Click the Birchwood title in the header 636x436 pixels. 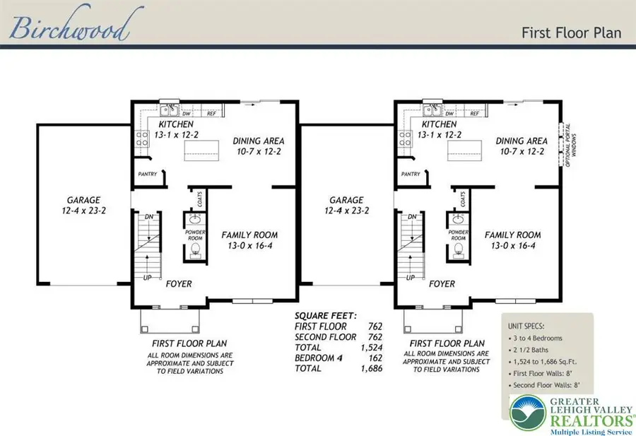(x=69, y=28)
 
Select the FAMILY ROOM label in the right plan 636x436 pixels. (x=512, y=235)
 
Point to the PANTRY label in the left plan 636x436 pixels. (x=146, y=175)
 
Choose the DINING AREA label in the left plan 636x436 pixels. (x=259, y=141)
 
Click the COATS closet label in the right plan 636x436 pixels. (x=463, y=201)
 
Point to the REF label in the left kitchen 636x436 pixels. (x=211, y=113)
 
